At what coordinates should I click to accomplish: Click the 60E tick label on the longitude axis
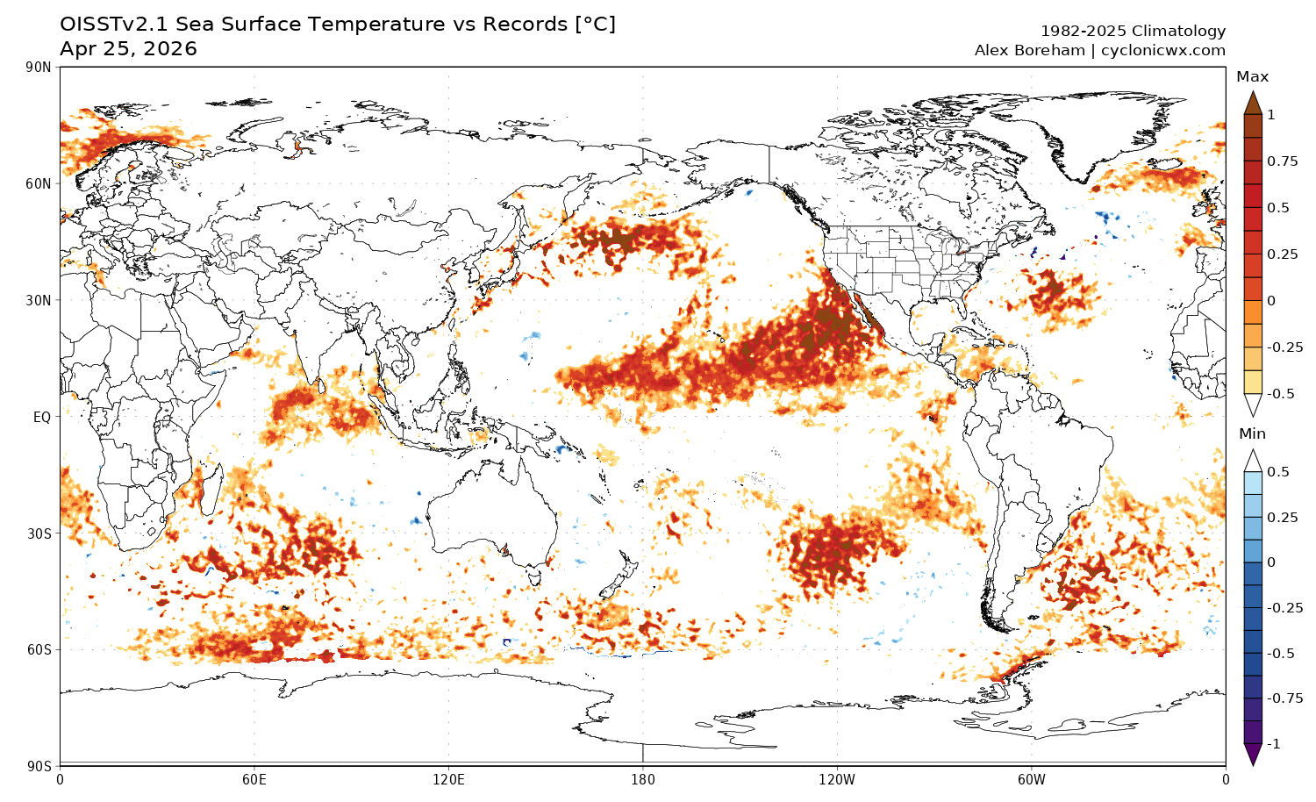pos(254,778)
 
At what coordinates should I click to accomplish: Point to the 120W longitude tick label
pos(836,778)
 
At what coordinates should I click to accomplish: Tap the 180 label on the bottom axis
pos(642,778)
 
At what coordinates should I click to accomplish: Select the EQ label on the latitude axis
pos(42,417)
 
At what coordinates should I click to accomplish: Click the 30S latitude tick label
pos(39,533)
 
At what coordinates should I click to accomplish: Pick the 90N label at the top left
pos(39,68)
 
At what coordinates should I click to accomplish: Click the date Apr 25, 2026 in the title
pos(128,49)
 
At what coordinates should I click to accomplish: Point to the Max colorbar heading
pos(1252,77)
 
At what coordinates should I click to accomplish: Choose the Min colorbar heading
pos(1252,434)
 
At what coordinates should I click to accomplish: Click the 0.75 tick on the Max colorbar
pos(1282,161)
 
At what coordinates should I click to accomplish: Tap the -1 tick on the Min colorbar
pos(1274,743)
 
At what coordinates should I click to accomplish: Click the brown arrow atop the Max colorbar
pos(1253,103)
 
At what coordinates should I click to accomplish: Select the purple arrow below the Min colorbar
pos(1253,754)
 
